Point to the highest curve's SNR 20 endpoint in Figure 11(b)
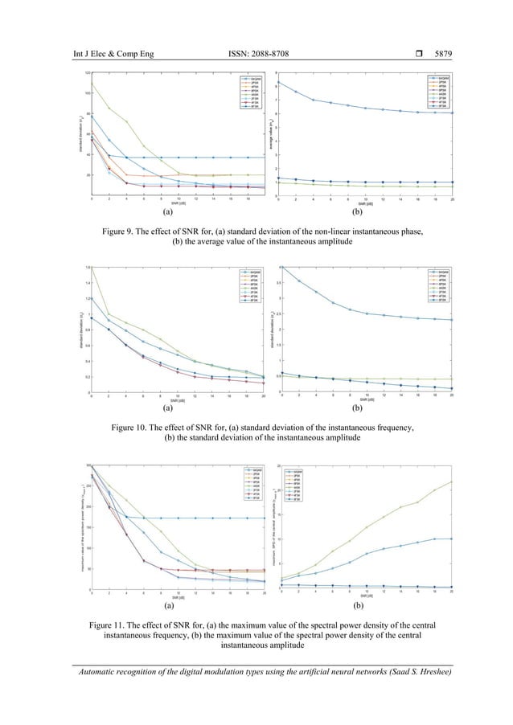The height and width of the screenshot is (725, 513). [452, 481]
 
